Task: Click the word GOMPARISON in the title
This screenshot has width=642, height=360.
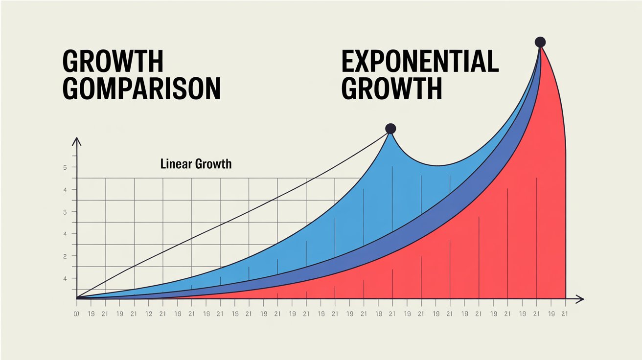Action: click(141, 89)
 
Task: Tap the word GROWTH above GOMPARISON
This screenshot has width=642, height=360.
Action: click(113, 62)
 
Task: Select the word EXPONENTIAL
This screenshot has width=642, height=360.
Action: click(419, 62)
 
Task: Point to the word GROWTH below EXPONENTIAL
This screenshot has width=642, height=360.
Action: click(391, 89)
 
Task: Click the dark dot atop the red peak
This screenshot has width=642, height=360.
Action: click(540, 42)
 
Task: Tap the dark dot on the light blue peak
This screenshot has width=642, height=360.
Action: click(390, 129)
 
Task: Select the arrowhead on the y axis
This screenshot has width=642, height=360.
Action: click(76, 141)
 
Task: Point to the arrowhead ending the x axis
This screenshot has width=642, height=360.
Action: click(580, 298)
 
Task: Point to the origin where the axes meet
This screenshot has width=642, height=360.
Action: click(77, 298)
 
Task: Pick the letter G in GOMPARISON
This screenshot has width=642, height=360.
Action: click(72, 89)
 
